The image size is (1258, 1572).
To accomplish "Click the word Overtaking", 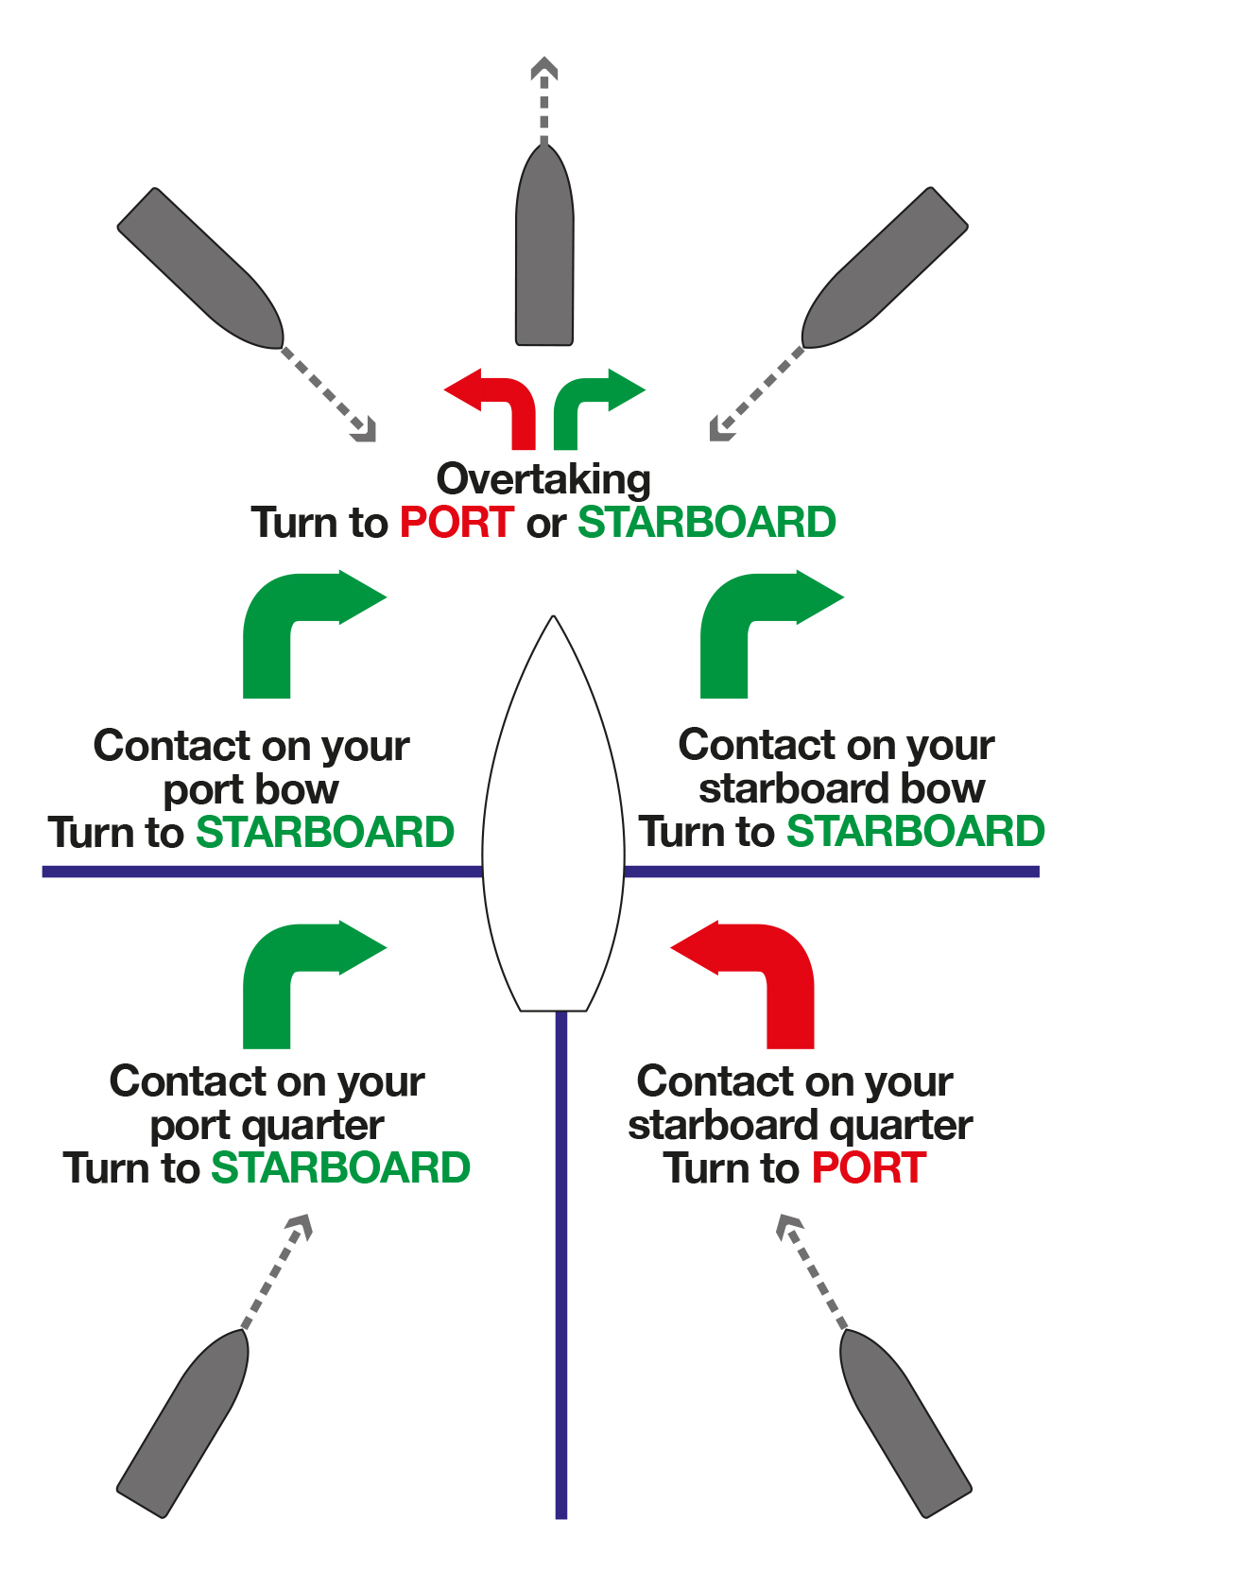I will [543, 479].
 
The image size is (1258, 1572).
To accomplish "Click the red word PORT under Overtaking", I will [457, 523].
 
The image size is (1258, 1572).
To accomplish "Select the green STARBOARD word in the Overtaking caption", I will [707, 523].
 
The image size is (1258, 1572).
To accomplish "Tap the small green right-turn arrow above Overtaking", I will [593, 402].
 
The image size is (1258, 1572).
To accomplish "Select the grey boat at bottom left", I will [184, 1423].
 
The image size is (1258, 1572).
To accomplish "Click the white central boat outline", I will [553, 832].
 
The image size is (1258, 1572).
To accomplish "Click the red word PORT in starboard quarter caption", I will [869, 1168].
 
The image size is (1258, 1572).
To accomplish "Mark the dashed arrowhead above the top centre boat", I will [543, 69].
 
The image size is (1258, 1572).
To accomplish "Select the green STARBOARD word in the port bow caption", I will [325, 833].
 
